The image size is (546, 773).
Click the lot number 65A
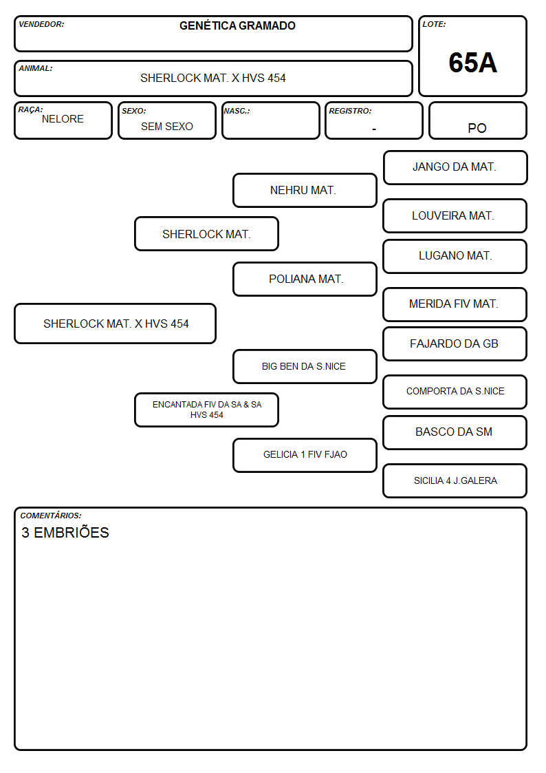tap(472, 63)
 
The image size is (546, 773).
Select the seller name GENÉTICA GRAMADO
tap(237, 25)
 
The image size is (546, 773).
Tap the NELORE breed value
tap(63, 119)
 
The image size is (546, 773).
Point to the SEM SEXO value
tap(167, 127)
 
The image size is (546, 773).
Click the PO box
tap(477, 120)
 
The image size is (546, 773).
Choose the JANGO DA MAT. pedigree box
tap(455, 168)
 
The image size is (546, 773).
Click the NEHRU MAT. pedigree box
tap(305, 190)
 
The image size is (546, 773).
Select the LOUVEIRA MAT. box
tap(455, 216)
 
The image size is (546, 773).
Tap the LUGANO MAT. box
tap(455, 256)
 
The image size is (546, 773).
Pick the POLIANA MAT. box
tap(305, 279)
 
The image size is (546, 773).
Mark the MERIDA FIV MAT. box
tap(455, 305)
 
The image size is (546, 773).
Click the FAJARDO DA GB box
tap(455, 344)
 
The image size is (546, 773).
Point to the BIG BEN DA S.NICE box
tap(305, 366)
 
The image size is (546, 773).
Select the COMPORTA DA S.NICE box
tap(455, 392)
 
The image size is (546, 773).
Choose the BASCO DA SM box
tap(455, 432)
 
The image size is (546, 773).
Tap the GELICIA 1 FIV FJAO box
tap(305, 455)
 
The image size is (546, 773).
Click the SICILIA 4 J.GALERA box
tap(455, 480)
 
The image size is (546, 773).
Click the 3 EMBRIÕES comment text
tap(65, 532)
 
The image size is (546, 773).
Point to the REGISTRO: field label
tap(350, 111)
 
